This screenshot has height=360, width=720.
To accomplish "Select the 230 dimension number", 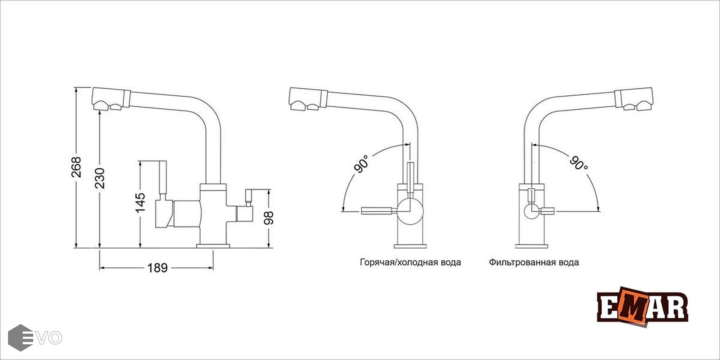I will click(x=99, y=178).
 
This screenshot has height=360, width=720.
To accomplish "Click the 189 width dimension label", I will click(x=157, y=268).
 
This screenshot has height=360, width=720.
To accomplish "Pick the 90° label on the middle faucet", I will click(x=362, y=164).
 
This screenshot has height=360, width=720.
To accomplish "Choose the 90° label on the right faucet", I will click(x=578, y=163).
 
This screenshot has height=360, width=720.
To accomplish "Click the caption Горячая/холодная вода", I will click(x=410, y=262).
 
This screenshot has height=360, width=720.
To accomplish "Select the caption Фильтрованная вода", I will click(x=533, y=262).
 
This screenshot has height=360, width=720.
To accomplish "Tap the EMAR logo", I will click(x=642, y=307).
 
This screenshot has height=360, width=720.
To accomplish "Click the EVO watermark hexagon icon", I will click(x=20, y=337).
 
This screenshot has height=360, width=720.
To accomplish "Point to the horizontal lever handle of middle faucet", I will click(x=377, y=211).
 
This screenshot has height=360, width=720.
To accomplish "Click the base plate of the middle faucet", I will click(x=411, y=245).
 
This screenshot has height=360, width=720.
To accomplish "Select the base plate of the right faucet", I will click(x=531, y=246).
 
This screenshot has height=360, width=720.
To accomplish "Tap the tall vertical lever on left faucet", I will click(x=162, y=179).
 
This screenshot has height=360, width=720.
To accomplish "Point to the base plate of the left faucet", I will click(x=213, y=246).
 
